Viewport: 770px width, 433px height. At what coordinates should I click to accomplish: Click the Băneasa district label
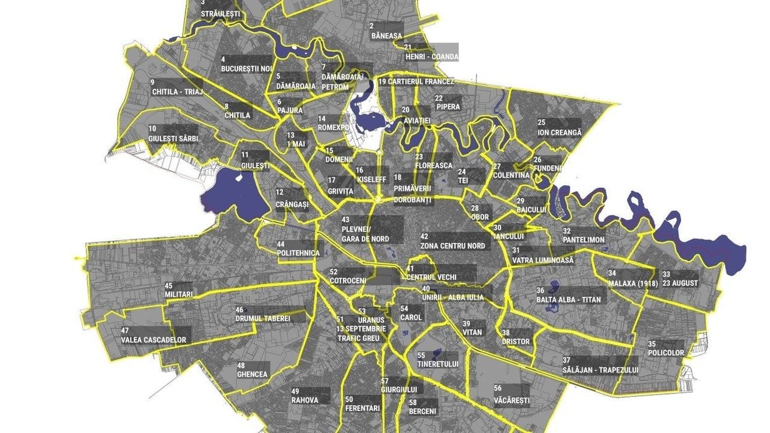pos(386,36)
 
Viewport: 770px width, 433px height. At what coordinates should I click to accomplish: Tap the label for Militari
pos(178,294)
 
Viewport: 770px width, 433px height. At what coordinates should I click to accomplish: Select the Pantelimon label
pos(583,240)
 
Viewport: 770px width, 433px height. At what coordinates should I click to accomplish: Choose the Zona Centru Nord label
pos(452,246)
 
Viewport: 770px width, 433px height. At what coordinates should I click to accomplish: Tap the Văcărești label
pos(511,401)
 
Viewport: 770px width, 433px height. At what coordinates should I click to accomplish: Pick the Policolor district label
pos(666,353)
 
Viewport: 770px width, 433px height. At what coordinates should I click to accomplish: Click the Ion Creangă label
pos(559,132)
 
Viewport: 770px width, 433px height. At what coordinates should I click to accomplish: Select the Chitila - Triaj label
pos(176,91)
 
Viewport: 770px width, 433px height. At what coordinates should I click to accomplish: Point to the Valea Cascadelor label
pos(153,340)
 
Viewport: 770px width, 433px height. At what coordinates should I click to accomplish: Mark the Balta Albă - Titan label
pos(568,300)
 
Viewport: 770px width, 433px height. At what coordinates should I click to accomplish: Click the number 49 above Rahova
pos(295,391)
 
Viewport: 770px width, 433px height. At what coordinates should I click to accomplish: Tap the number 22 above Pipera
pos(439,98)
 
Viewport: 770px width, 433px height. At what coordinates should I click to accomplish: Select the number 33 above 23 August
pos(666,274)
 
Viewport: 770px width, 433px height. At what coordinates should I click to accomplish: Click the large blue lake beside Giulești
pos(230,190)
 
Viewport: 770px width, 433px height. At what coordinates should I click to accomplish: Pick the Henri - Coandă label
pos(432,57)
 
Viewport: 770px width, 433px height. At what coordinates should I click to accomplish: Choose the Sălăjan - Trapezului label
pos(600,370)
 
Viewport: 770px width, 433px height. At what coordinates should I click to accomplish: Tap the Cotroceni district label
pos(348,280)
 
